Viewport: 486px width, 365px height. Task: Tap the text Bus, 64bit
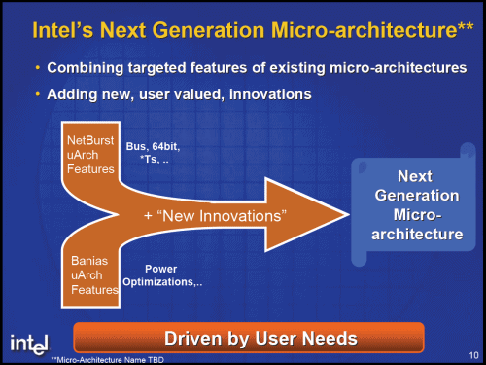(154, 146)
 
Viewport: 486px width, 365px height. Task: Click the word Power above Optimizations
(160, 268)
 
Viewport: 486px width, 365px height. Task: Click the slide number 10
(469, 355)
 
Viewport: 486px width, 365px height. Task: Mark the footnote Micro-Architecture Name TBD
(113, 358)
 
